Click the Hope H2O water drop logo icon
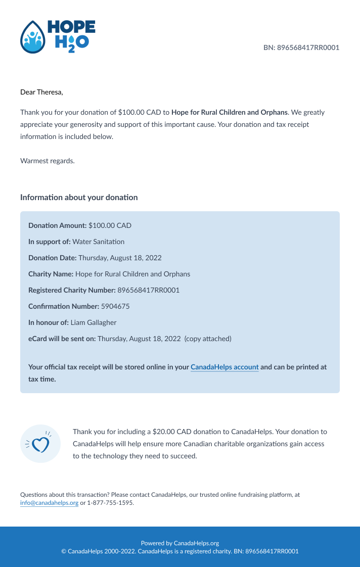[32, 37]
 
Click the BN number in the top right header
[301, 48]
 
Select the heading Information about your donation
[79, 197]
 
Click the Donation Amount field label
[57, 225]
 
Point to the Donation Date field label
[52, 258]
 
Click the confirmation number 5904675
[115, 306]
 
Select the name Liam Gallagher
[94, 322]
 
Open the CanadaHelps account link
[224, 367]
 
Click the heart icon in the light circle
[40, 444]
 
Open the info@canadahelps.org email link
[49, 503]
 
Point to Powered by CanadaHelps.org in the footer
[180, 543]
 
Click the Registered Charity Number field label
[72, 290]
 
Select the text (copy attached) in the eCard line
[208, 339]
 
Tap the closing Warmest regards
[47, 161]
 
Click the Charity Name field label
[51, 274]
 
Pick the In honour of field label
[49, 322]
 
